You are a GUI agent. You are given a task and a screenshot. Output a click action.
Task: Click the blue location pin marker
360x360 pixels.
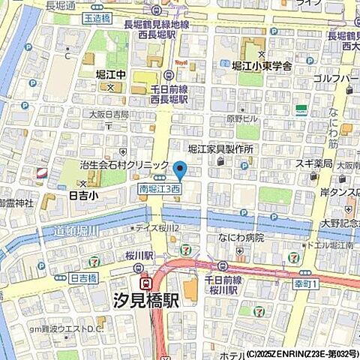pyautogui.click(x=179, y=171)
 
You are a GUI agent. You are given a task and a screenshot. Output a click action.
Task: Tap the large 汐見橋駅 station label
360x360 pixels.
pyautogui.click(x=189, y=302)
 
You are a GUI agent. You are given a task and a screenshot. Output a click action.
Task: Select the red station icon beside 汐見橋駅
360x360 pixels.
pyautogui.click(x=147, y=283)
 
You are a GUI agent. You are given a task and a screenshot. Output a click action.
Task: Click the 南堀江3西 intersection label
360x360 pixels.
pyautogui.click(x=159, y=190)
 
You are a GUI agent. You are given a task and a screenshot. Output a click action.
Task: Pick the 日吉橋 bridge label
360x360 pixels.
pyautogui.click(x=83, y=277)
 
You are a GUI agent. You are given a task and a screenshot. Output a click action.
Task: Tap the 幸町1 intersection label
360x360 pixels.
pyautogui.click(x=306, y=283)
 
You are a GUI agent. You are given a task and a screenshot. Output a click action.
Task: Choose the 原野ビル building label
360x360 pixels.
pyautogui.click(x=241, y=118)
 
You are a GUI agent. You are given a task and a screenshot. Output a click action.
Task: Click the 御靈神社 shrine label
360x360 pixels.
pyautogui.click(x=17, y=203)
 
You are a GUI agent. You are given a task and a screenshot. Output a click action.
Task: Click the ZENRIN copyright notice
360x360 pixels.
pyautogui.click(x=300, y=353)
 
